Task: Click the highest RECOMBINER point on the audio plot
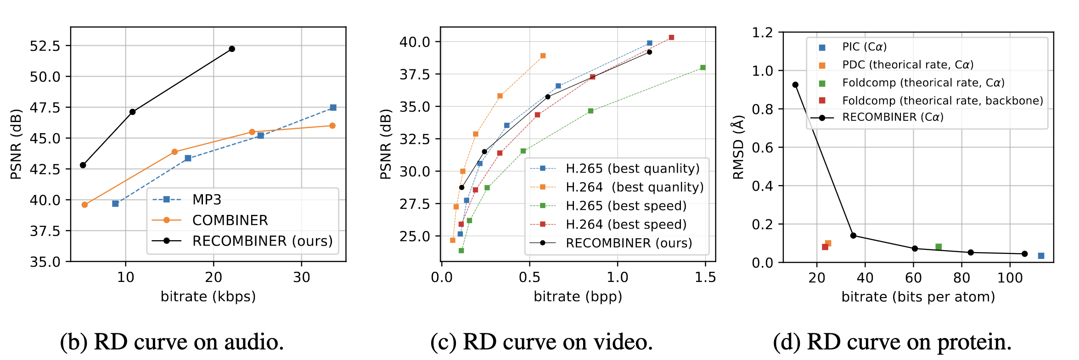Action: (x=232, y=49)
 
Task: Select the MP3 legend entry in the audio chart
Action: (x=207, y=200)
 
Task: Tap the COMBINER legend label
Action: (x=230, y=220)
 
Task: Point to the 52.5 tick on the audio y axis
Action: (x=45, y=46)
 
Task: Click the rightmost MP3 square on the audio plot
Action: (x=333, y=107)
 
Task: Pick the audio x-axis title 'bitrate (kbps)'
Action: (x=208, y=297)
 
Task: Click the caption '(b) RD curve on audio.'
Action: (x=172, y=342)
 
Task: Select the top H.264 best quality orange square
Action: (x=543, y=56)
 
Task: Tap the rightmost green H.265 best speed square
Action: (x=703, y=67)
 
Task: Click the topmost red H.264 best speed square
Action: (x=672, y=37)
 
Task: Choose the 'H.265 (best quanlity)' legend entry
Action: (x=632, y=169)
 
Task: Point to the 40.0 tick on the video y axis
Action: (x=415, y=42)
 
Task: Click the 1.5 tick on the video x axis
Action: (x=705, y=277)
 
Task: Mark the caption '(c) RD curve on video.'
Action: (x=541, y=342)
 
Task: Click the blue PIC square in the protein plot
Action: (x=1041, y=256)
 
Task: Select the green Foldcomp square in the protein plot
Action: (x=939, y=247)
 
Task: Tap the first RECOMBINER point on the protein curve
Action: (x=795, y=85)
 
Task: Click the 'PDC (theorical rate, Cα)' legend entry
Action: (x=907, y=65)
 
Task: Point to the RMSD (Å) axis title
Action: (x=738, y=147)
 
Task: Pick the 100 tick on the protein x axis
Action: (x=1010, y=278)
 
